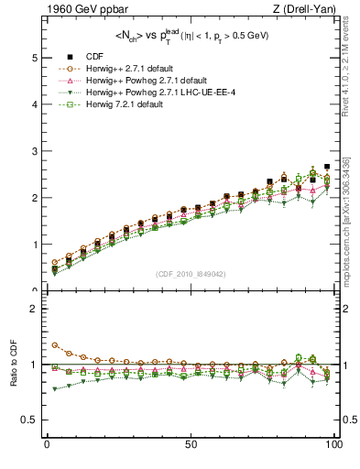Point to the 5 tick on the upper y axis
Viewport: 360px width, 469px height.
coord(34,58)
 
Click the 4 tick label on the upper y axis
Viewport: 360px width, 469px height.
coord(34,104)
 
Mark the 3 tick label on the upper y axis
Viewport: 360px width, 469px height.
coord(34,151)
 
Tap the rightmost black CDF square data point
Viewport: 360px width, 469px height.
coord(327,167)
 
